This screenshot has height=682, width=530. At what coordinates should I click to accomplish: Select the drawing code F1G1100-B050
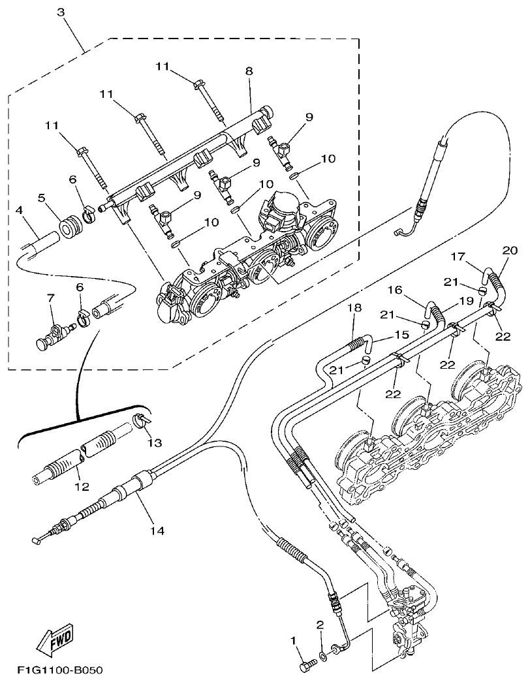[x=60, y=670]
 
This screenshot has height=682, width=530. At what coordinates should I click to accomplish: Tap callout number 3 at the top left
[x=61, y=12]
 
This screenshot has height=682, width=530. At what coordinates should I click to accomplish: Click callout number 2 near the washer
[x=320, y=625]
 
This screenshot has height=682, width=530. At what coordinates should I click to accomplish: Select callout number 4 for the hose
[x=20, y=210]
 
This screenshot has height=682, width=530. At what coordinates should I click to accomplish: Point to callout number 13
[x=154, y=443]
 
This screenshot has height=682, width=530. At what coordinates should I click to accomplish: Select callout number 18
[x=354, y=307]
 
